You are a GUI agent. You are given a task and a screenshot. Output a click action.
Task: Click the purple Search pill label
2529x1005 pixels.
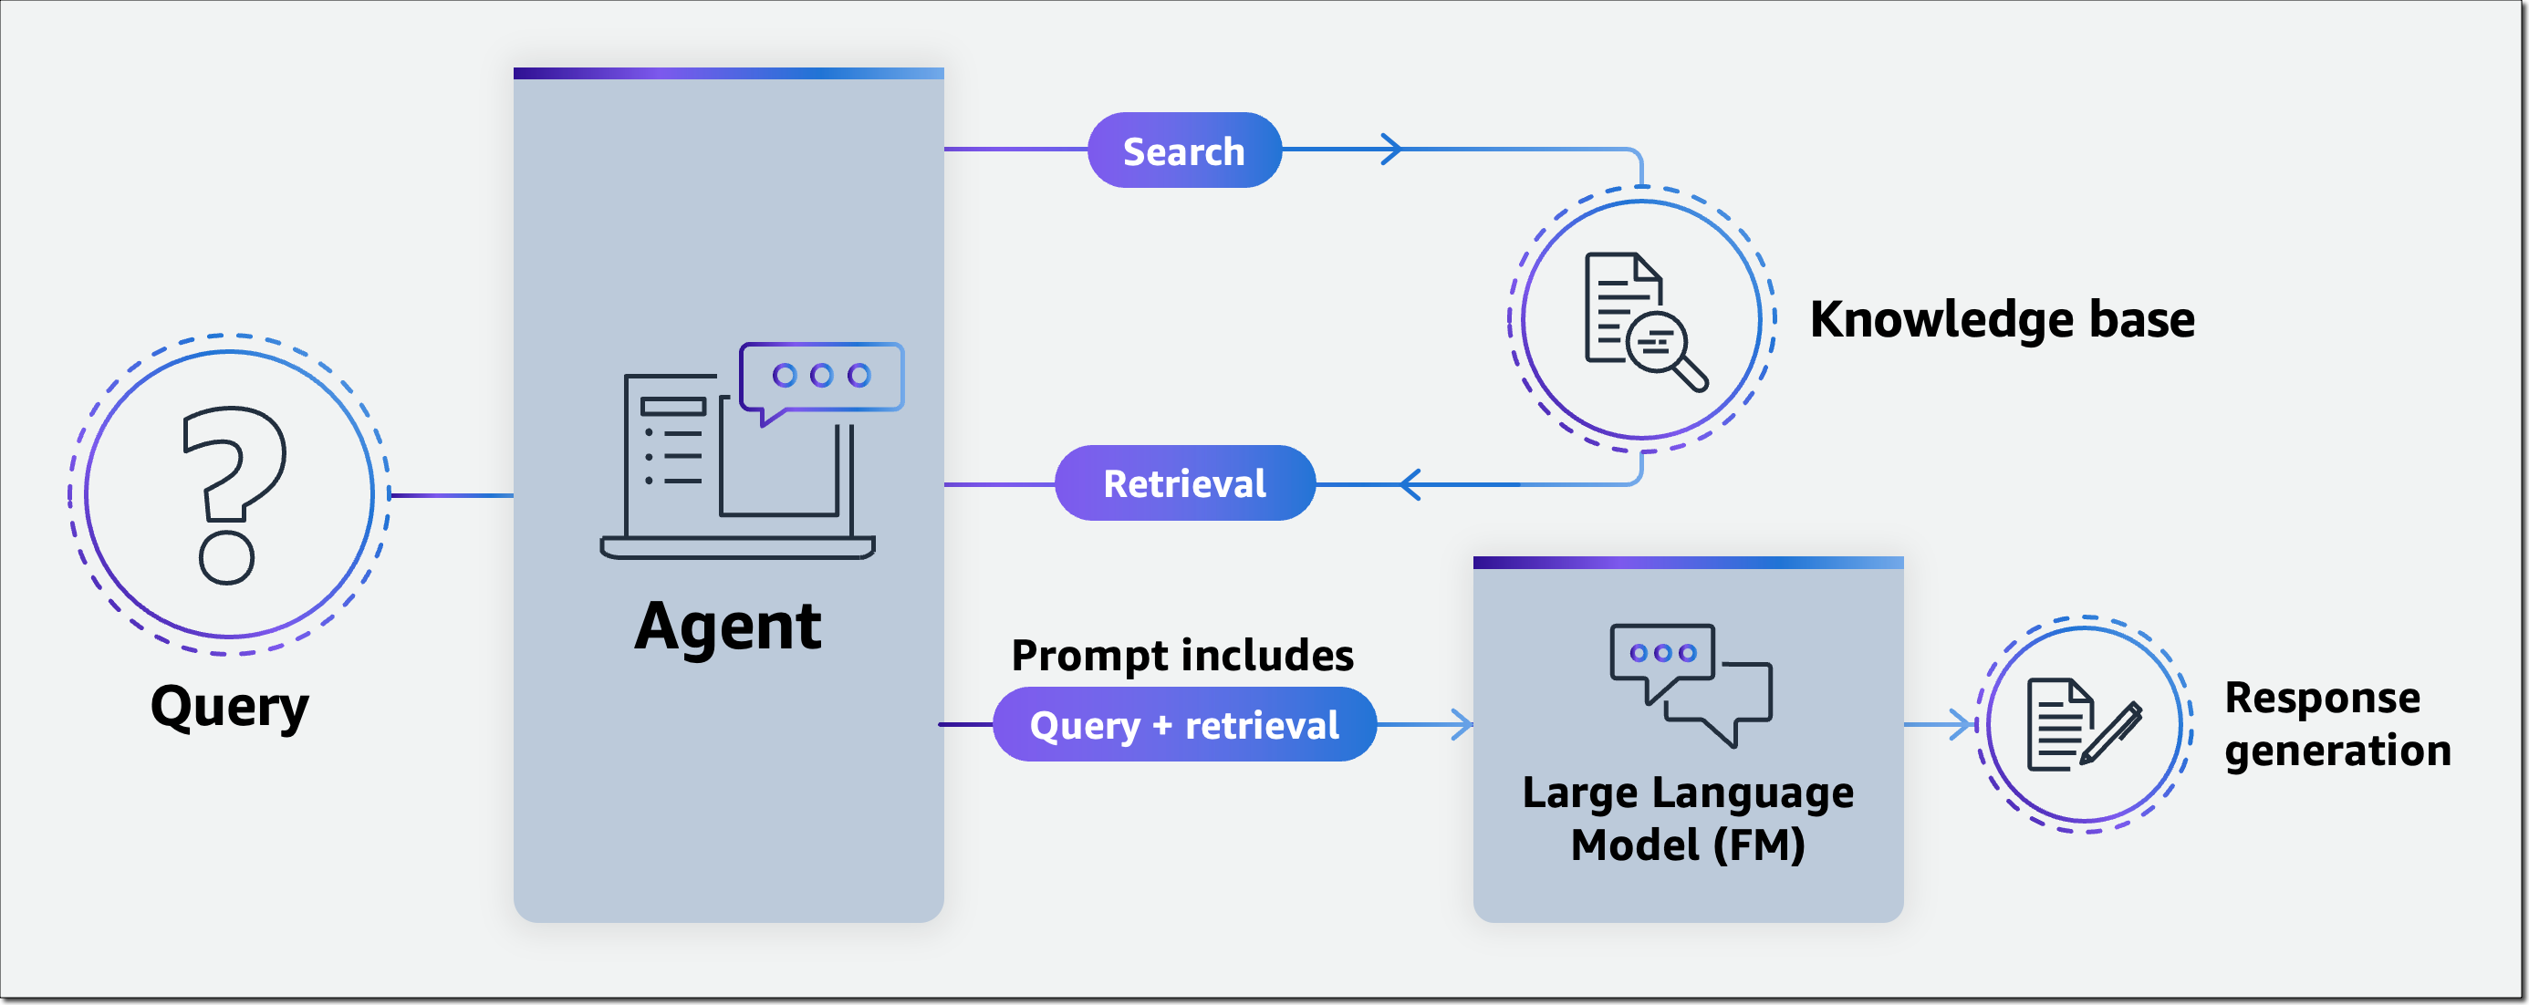click(x=1184, y=151)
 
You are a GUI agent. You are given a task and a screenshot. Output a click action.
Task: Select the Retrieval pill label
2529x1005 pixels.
click(x=1184, y=482)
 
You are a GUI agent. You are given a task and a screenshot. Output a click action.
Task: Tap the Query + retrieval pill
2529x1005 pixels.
click(x=1184, y=725)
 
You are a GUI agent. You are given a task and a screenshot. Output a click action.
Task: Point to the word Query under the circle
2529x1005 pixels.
click(x=229, y=707)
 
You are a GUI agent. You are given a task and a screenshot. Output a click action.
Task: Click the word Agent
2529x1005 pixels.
click(x=727, y=627)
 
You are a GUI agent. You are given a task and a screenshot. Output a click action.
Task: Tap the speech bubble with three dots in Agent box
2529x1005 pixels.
click(x=821, y=377)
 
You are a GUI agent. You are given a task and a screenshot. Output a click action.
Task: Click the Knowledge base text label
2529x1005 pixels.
click(x=2002, y=320)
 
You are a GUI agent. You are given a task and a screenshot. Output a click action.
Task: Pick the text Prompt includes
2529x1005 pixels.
click(x=1182, y=656)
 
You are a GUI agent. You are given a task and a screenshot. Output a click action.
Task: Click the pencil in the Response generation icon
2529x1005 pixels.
click(x=2112, y=733)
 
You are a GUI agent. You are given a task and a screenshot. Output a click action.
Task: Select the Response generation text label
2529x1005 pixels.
click(x=2336, y=724)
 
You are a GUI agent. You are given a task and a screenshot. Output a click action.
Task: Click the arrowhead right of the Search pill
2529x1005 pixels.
click(x=1391, y=150)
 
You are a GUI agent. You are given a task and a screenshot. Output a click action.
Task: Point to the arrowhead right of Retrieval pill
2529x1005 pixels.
click(x=1410, y=484)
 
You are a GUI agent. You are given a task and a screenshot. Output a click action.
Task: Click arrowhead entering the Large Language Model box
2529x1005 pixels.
click(x=1462, y=725)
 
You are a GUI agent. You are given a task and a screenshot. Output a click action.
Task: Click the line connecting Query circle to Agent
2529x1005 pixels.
click(x=452, y=495)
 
